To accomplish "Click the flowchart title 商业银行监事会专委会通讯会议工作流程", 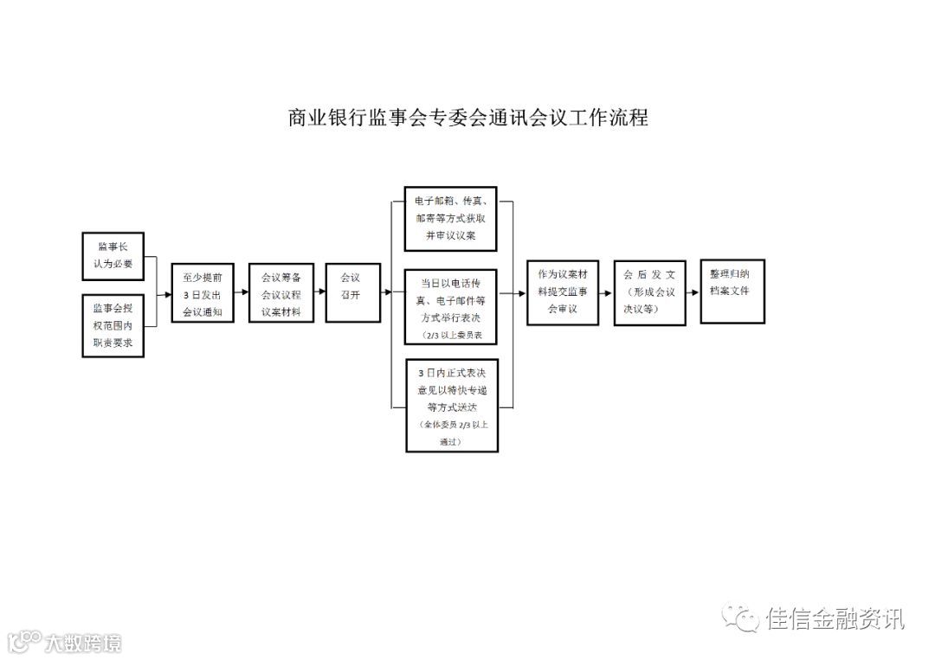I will click(x=467, y=118).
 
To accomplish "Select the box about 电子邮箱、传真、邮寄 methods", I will click(x=451, y=220).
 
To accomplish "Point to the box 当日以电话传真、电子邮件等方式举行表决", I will click(x=451, y=307).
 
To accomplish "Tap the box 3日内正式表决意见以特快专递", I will click(x=452, y=405).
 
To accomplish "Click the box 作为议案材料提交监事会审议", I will click(x=563, y=293).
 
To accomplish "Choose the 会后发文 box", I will click(x=649, y=293).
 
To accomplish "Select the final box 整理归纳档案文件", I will click(x=732, y=291).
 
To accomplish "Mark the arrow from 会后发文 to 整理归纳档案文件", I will click(x=693, y=293).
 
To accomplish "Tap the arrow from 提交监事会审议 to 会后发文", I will click(x=606, y=293).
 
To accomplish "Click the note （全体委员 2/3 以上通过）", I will click(x=452, y=433).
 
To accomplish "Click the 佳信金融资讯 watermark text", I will click(x=835, y=618).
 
